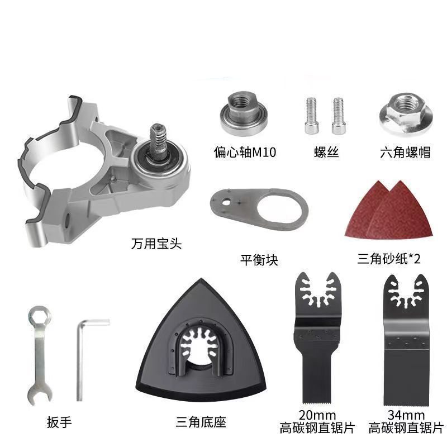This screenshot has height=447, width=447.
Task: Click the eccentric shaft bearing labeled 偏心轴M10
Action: (x=244, y=114)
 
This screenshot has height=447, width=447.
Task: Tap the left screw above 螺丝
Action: (x=311, y=116)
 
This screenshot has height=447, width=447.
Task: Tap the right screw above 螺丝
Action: (x=339, y=116)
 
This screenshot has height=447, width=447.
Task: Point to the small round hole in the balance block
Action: (x=227, y=202)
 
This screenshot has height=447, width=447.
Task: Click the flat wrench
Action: (x=40, y=355)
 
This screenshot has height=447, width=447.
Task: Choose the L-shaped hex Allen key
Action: (x=80, y=359)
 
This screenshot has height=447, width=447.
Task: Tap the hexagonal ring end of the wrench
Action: (x=40, y=316)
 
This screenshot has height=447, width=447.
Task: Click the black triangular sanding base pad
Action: (x=201, y=341)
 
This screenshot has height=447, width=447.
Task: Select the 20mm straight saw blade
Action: (x=317, y=338)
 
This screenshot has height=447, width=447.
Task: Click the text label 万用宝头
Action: (x=156, y=244)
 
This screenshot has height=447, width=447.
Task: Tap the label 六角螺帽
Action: (x=405, y=152)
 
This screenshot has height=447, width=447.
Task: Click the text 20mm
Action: (x=317, y=415)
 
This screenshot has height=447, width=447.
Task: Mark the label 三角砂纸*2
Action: (x=388, y=259)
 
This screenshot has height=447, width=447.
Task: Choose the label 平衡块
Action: (x=259, y=260)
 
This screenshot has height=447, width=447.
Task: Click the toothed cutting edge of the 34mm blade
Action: (x=406, y=403)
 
